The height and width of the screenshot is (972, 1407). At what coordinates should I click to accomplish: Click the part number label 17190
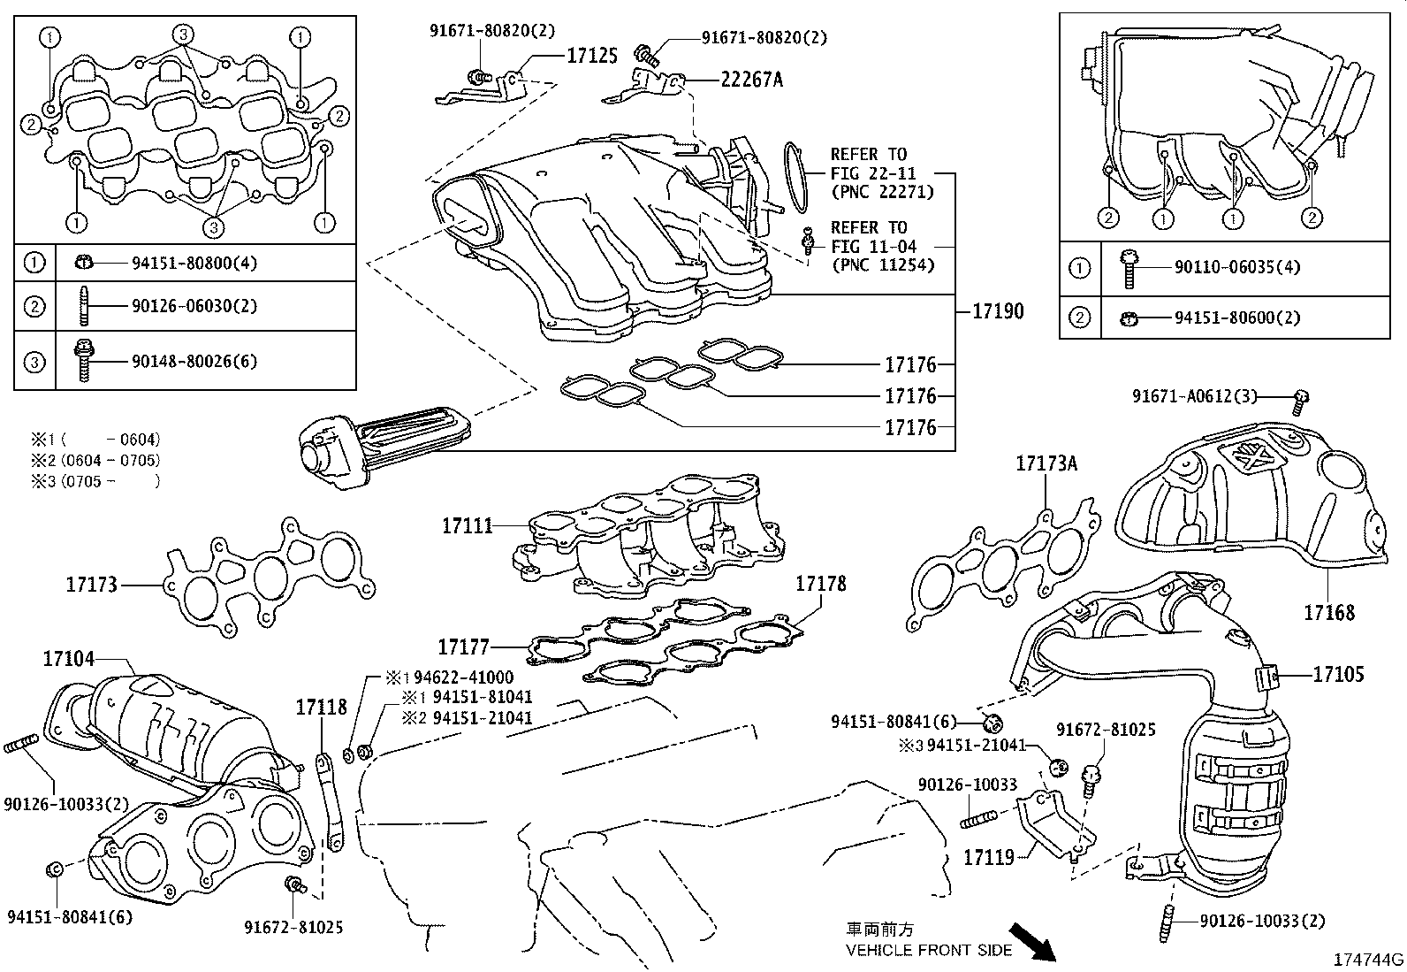point(998,310)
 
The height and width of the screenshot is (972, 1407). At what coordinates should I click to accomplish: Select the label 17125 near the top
point(591,56)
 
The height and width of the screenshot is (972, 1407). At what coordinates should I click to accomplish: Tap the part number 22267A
point(751,80)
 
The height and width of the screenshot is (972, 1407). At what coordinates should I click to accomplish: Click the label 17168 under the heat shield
point(1329,611)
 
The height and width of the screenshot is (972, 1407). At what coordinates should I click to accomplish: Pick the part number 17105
point(1338,674)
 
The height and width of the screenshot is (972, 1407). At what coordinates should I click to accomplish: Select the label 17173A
point(1047,463)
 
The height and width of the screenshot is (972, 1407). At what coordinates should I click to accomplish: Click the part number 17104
point(69,658)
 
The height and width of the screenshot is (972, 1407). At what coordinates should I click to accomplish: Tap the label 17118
point(321,707)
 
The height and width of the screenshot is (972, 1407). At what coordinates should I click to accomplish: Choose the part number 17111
point(468,526)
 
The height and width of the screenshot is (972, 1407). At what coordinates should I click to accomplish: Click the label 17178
point(820,583)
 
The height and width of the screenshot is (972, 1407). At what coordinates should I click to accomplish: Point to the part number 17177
point(464,647)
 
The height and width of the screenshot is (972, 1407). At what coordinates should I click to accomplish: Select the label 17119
point(988,857)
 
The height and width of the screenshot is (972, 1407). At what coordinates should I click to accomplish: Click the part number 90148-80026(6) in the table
point(194,361)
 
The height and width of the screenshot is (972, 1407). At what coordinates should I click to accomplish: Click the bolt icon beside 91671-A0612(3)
point(1300,402)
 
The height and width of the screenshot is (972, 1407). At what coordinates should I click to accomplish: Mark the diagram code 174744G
point(1369,960)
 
